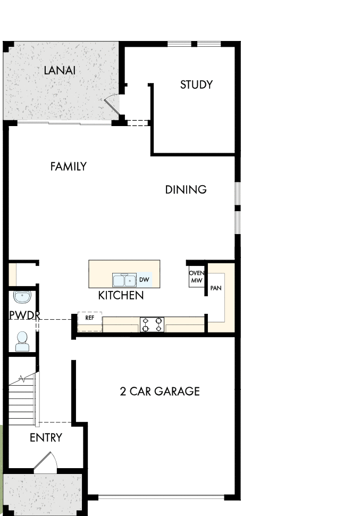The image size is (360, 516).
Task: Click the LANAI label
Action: tap(60, 70)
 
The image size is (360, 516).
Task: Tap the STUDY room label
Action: tap(196, 85)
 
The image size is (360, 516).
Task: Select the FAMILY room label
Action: tap(68, 167)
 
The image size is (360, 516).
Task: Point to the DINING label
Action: tap(186, 190)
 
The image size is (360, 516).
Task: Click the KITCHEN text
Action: tap(121, 295)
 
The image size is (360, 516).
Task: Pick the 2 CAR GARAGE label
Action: tap(160, 392)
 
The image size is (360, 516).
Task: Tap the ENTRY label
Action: tap(46, 438)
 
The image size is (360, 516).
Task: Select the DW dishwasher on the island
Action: tap(144, 279)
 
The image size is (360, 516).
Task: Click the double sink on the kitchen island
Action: tap(125, 280)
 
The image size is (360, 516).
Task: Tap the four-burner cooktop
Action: tap(152, 324)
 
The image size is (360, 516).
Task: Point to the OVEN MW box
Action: tap(197, 277)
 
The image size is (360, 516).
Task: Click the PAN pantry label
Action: tap(216, 288)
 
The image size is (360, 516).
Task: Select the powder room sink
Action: tap(22, 296)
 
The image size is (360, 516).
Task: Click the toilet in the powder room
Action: tap(22, 341)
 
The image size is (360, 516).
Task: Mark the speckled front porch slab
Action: tap(43, 494)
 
